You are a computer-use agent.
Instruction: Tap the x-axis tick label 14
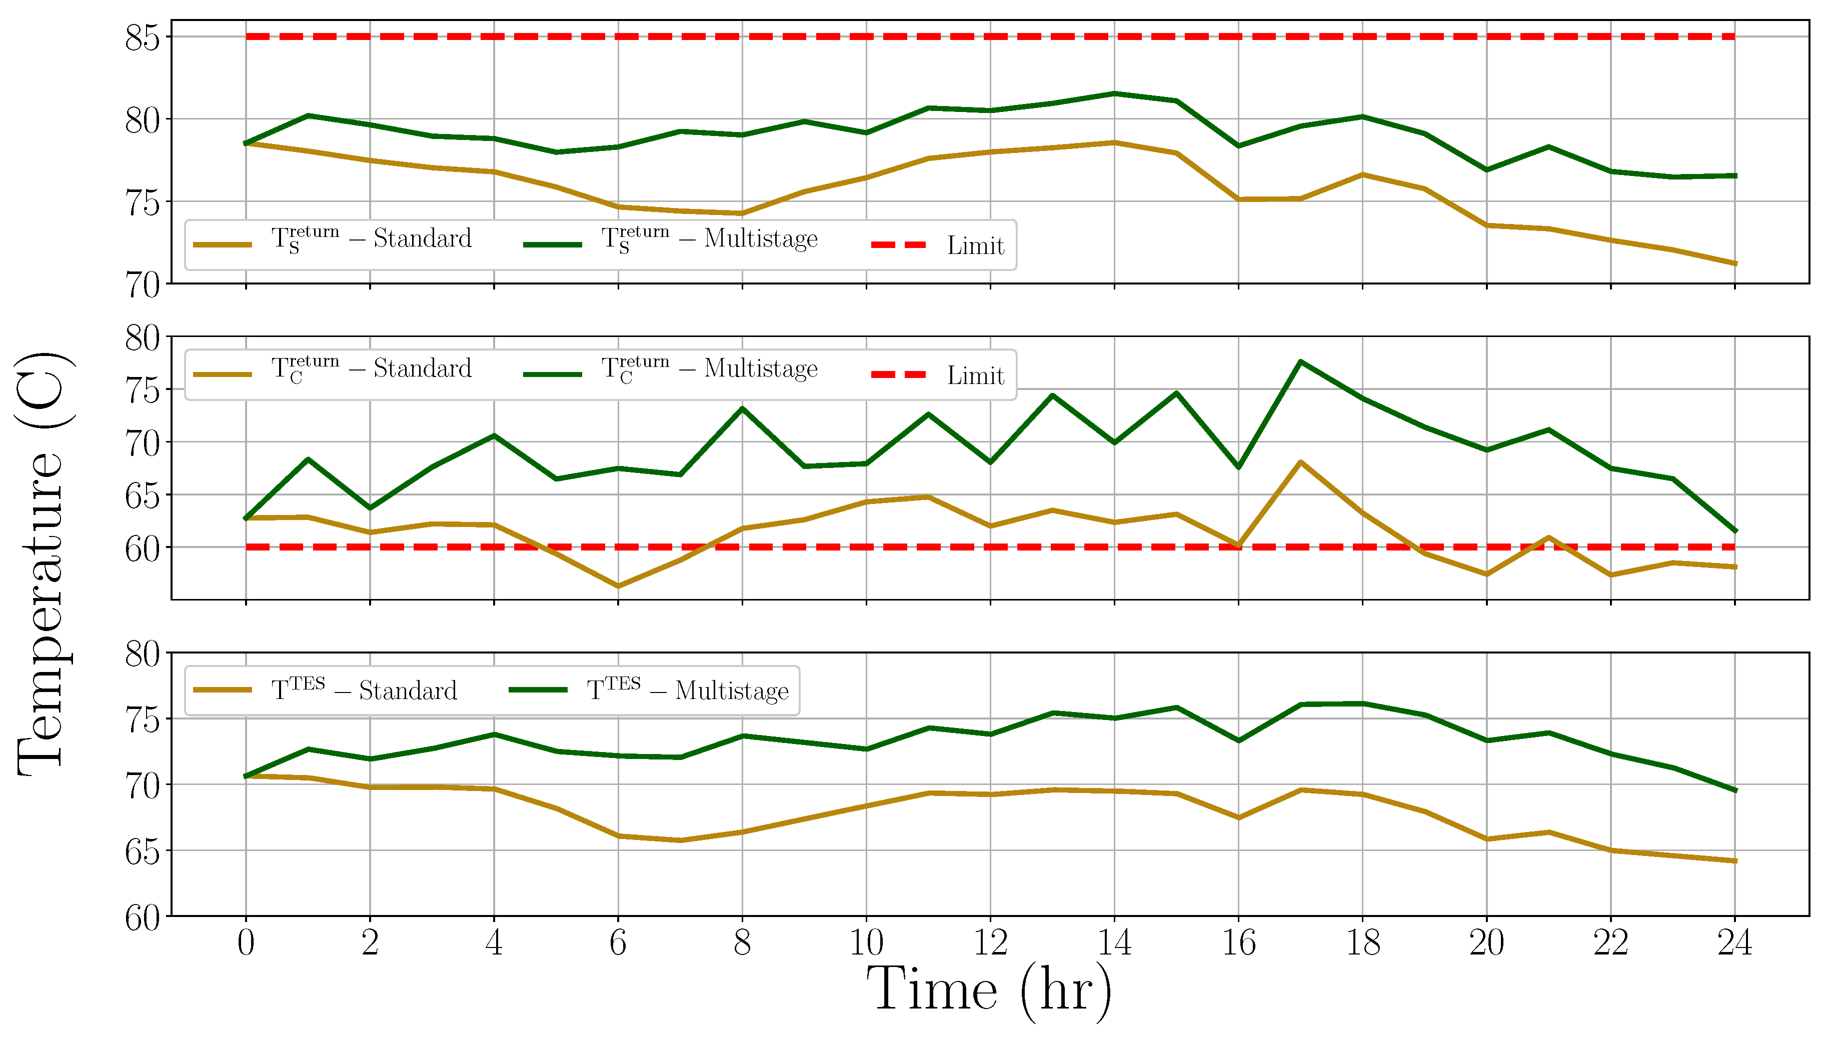[1114, 943]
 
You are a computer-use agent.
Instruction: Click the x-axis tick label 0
[246, 943]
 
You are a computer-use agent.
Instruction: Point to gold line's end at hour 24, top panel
[1734, 263]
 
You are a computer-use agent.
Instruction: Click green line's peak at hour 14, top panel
[1114, 93]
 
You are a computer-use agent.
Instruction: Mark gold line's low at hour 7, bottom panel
[680, 840]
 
